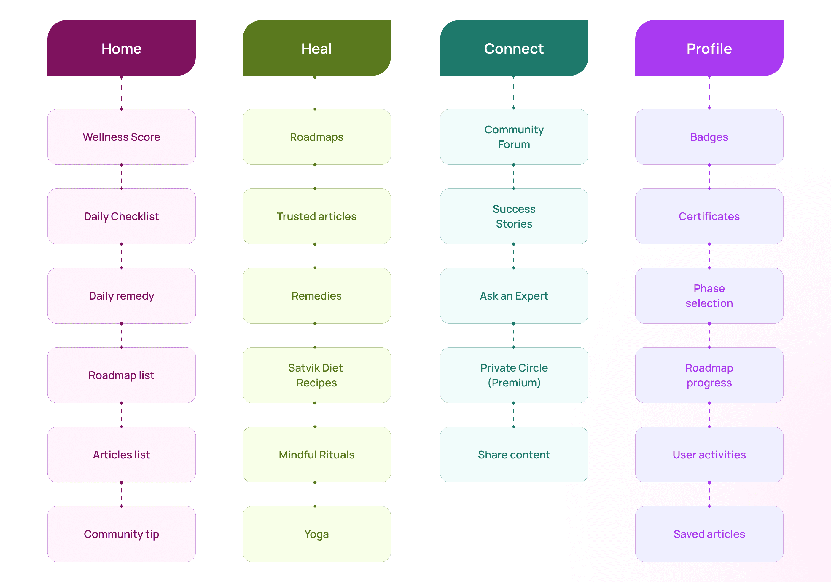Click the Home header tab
[121, 48]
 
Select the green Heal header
[316, 48]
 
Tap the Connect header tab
[514, 48]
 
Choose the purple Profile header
[709, 48]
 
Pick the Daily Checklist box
[121, 216]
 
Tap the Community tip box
[121, 534]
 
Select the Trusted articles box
[316, 216]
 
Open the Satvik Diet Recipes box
[316, 375]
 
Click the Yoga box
[316, 534]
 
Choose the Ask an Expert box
[514, 296]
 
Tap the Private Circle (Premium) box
[514, 375]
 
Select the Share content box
[514, 455]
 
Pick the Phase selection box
[709, 296]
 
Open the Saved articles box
[709, 534]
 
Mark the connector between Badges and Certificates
[709, 177]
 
